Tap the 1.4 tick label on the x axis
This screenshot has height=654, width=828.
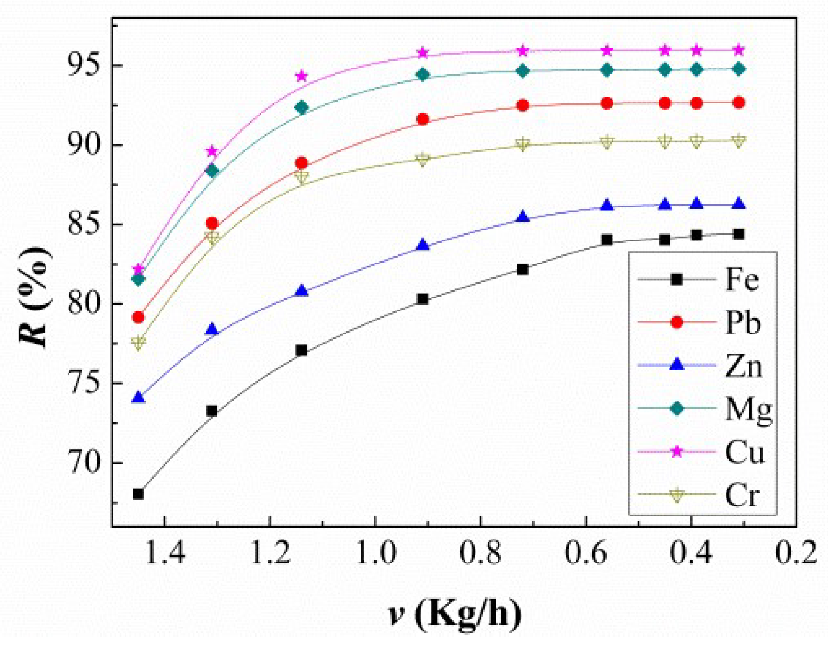(x=164, y=553)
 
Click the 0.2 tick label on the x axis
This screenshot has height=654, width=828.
(x=796, y=553)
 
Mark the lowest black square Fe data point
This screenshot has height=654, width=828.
(x=138, y=494)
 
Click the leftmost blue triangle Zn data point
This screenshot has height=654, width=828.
(x=138, y=398)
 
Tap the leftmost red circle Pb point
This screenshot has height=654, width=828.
(x=138, y=317)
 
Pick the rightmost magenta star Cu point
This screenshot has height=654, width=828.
(x=739, y=50)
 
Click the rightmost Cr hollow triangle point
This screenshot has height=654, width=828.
(x=739, y=141)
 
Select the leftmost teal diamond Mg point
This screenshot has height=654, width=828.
(x=138, y=279)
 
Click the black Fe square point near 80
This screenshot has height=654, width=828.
(x=422, y=299)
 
